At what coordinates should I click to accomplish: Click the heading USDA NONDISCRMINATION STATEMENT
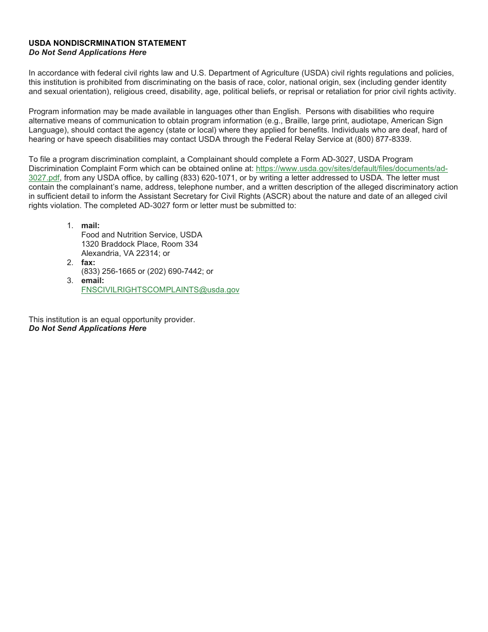click(107, 43)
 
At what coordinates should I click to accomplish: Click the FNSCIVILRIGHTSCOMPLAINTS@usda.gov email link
click(160, 290)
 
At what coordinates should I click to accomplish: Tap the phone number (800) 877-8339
click(383, 139)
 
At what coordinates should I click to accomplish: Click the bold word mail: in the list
click(90, 226)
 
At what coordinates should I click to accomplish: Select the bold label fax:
click(88, 263)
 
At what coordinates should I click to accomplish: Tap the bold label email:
click(92, 281)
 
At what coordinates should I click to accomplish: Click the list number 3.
click(70, 281)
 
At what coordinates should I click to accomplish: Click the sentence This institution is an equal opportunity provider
click(112, 320)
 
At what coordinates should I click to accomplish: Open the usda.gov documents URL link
click(351, 169)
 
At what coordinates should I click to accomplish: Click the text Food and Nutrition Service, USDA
click(142, 235)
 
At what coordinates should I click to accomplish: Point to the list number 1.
click(70, 226)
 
